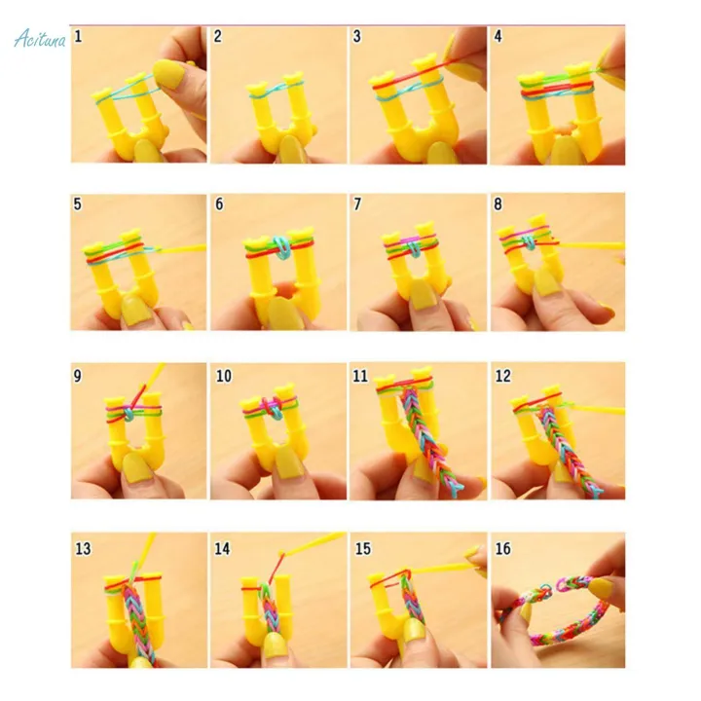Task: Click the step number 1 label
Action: (78, 37)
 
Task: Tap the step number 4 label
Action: (498, 37)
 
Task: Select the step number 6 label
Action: (219, 204)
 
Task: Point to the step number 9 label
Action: (78, 375)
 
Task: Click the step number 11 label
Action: (361, 375)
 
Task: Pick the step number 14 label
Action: (222, 549)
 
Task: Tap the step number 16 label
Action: (502, 549)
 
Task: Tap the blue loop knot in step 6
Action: (278, 249)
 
